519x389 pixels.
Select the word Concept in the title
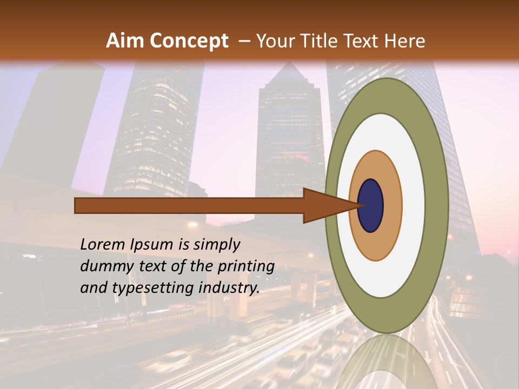pos(189,41)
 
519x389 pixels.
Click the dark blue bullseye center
pos(371,205)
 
